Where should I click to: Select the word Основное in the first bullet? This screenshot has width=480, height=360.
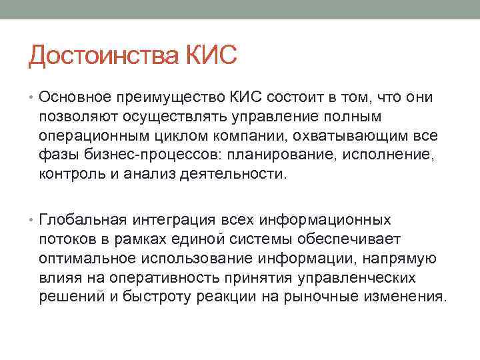(x=73, y=99)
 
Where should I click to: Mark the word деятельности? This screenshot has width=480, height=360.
(x=235, y=175)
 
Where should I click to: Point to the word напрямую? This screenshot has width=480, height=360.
(x=404, y=258)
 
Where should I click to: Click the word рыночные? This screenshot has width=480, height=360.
(x=329, y=296)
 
